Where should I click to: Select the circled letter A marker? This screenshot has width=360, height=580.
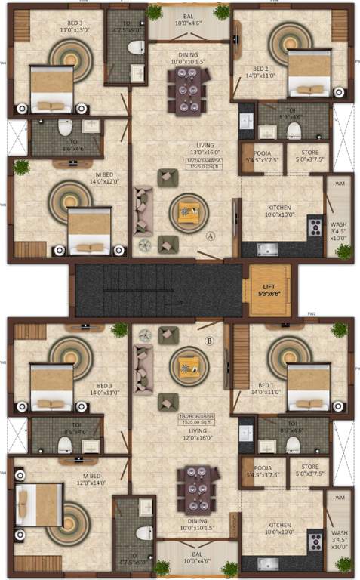tap(211, 236)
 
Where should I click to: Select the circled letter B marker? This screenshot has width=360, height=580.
tap(209, 341)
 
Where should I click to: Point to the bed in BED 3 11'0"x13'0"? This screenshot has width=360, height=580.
tap(51, 91)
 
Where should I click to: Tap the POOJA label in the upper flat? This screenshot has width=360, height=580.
tap(256, 156)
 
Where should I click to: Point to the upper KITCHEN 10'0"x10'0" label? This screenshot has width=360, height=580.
tap(280, 211)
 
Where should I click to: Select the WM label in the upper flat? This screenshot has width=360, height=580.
tap(338, 184)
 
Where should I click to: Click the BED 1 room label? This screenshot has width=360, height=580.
tap(271, 387)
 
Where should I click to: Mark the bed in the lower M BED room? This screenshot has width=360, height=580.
tap(38, 504)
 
